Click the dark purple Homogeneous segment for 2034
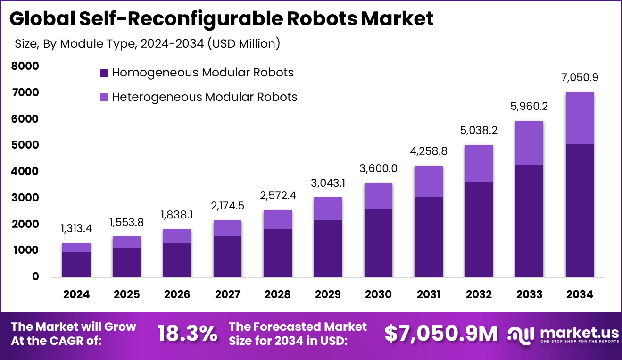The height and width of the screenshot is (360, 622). [580, 210]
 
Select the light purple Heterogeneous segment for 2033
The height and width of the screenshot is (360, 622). [529, 143]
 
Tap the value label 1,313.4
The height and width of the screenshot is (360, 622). [76, 229]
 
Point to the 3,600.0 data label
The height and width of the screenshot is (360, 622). [378, 168]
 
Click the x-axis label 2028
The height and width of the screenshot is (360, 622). [277, 294]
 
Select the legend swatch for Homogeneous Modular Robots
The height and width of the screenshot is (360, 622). [104, 73]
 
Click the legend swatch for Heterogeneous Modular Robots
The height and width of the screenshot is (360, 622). [104, 98]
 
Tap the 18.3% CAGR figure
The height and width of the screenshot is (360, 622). [187, 334]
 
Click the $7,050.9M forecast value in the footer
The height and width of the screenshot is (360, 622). [441, 334]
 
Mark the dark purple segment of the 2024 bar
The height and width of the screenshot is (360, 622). [76, 265]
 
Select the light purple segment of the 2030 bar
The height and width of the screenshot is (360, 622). [378, 196]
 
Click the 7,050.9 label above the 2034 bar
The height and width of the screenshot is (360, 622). [580, 77]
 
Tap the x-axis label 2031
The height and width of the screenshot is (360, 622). [428, 294]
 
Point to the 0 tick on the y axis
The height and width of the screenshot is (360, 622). [35, 276]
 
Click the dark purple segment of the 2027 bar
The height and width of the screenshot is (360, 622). [227, 256]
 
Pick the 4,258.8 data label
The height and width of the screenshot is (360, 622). [428, 151]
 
